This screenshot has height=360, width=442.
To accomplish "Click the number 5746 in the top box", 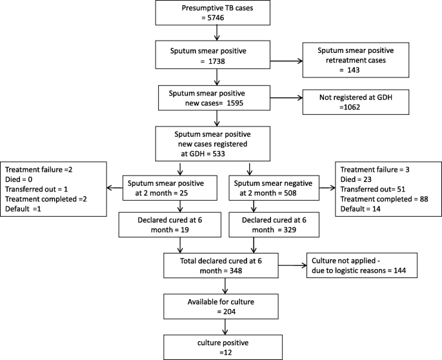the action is coord(216,18).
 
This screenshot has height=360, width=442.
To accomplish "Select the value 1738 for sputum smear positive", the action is coord(217,61).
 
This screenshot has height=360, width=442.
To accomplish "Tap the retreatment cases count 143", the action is coord(354,70).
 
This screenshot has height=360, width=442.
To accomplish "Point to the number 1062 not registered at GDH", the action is coord(352,107).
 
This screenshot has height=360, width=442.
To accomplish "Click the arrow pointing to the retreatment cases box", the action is coord(286,61).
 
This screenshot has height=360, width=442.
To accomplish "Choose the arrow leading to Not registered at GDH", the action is coord(286,98).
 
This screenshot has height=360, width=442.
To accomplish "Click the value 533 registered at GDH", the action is coord(219,154).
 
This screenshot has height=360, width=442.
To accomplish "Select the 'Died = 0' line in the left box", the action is coord(19,179).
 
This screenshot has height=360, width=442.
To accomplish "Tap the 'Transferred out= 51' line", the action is coord(373,189).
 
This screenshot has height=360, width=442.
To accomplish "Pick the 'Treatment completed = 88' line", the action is coord(384,199).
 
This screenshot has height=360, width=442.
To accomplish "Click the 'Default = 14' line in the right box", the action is coord(360,209).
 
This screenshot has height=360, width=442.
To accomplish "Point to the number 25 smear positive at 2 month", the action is coord(183,193).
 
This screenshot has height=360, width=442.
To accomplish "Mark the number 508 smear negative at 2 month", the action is coord(290,193).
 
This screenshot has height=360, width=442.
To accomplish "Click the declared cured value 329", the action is coord(290,230).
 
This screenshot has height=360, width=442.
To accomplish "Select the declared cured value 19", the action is coord(185,230).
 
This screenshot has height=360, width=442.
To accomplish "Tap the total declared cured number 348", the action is coord(236,271).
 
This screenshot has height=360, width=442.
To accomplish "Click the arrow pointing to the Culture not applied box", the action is coord(292,266).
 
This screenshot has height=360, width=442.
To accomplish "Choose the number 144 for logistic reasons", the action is coord(399,270).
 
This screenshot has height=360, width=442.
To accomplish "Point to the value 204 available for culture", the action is coord(229,312).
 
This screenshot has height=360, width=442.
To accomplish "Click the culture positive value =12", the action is coord(225,353).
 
